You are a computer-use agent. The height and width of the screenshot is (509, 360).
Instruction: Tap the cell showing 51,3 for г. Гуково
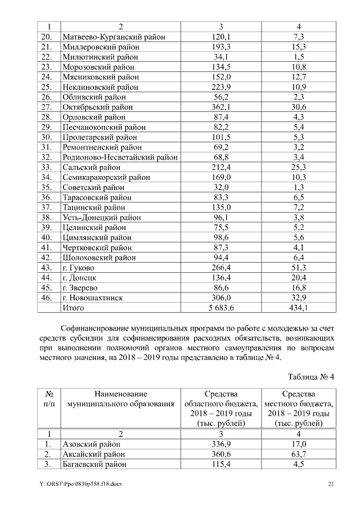tap(299, 267)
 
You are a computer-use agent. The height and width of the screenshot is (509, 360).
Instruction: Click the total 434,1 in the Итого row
tap(299, 308)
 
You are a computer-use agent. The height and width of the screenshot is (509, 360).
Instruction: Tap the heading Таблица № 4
tap(310, 376)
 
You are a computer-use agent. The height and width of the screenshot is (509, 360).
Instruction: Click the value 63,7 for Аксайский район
tap(299, 454)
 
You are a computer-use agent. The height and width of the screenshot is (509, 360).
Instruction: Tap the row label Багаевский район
tap(94, 465)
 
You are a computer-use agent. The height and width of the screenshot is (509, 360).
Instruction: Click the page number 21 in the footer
tap(331, 484)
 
